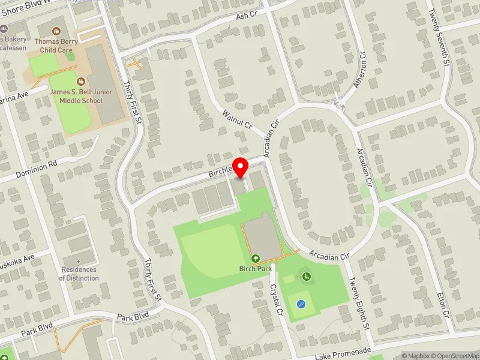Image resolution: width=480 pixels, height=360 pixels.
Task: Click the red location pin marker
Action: click(x=241, y=167)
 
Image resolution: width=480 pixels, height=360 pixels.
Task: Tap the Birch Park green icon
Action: click(x=256, y=259)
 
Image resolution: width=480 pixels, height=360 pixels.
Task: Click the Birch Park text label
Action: click(x=256, y=269)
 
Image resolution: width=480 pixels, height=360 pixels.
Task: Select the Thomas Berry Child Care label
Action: click(x=56, y=46)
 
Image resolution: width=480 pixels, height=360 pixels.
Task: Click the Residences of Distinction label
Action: click(x=79, y=274)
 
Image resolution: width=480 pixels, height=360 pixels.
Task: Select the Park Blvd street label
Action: click(x=132, y=316)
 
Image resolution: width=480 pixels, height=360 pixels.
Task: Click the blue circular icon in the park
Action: click(x=301, y=304)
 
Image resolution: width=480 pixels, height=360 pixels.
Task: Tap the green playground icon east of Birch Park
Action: click(x=306, y=276)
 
